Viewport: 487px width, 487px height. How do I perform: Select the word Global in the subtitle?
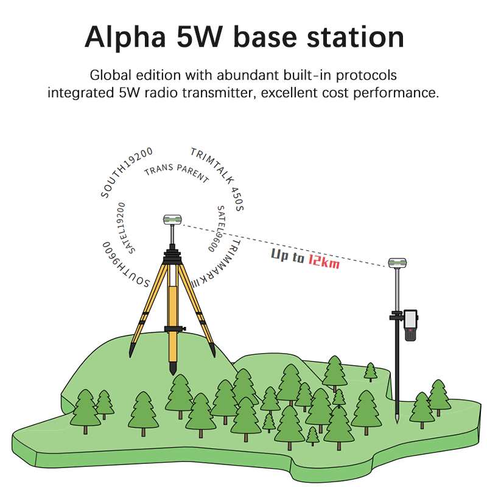click(x=111, y=76)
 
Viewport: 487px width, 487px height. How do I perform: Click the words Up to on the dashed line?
click(x=288, y=256)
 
